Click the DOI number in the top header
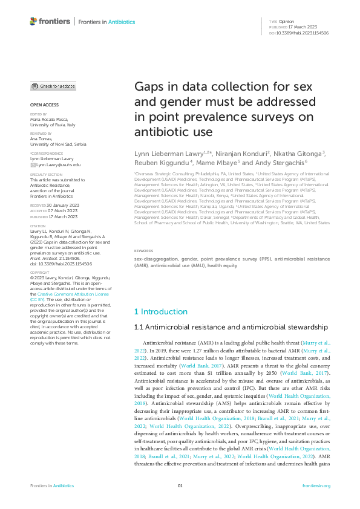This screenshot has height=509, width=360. [x=303, y=33]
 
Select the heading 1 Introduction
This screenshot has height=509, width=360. [x=160, y=311]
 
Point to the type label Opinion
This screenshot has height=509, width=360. [x=286, y=21]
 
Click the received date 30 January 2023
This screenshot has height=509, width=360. [x=62, y=189]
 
